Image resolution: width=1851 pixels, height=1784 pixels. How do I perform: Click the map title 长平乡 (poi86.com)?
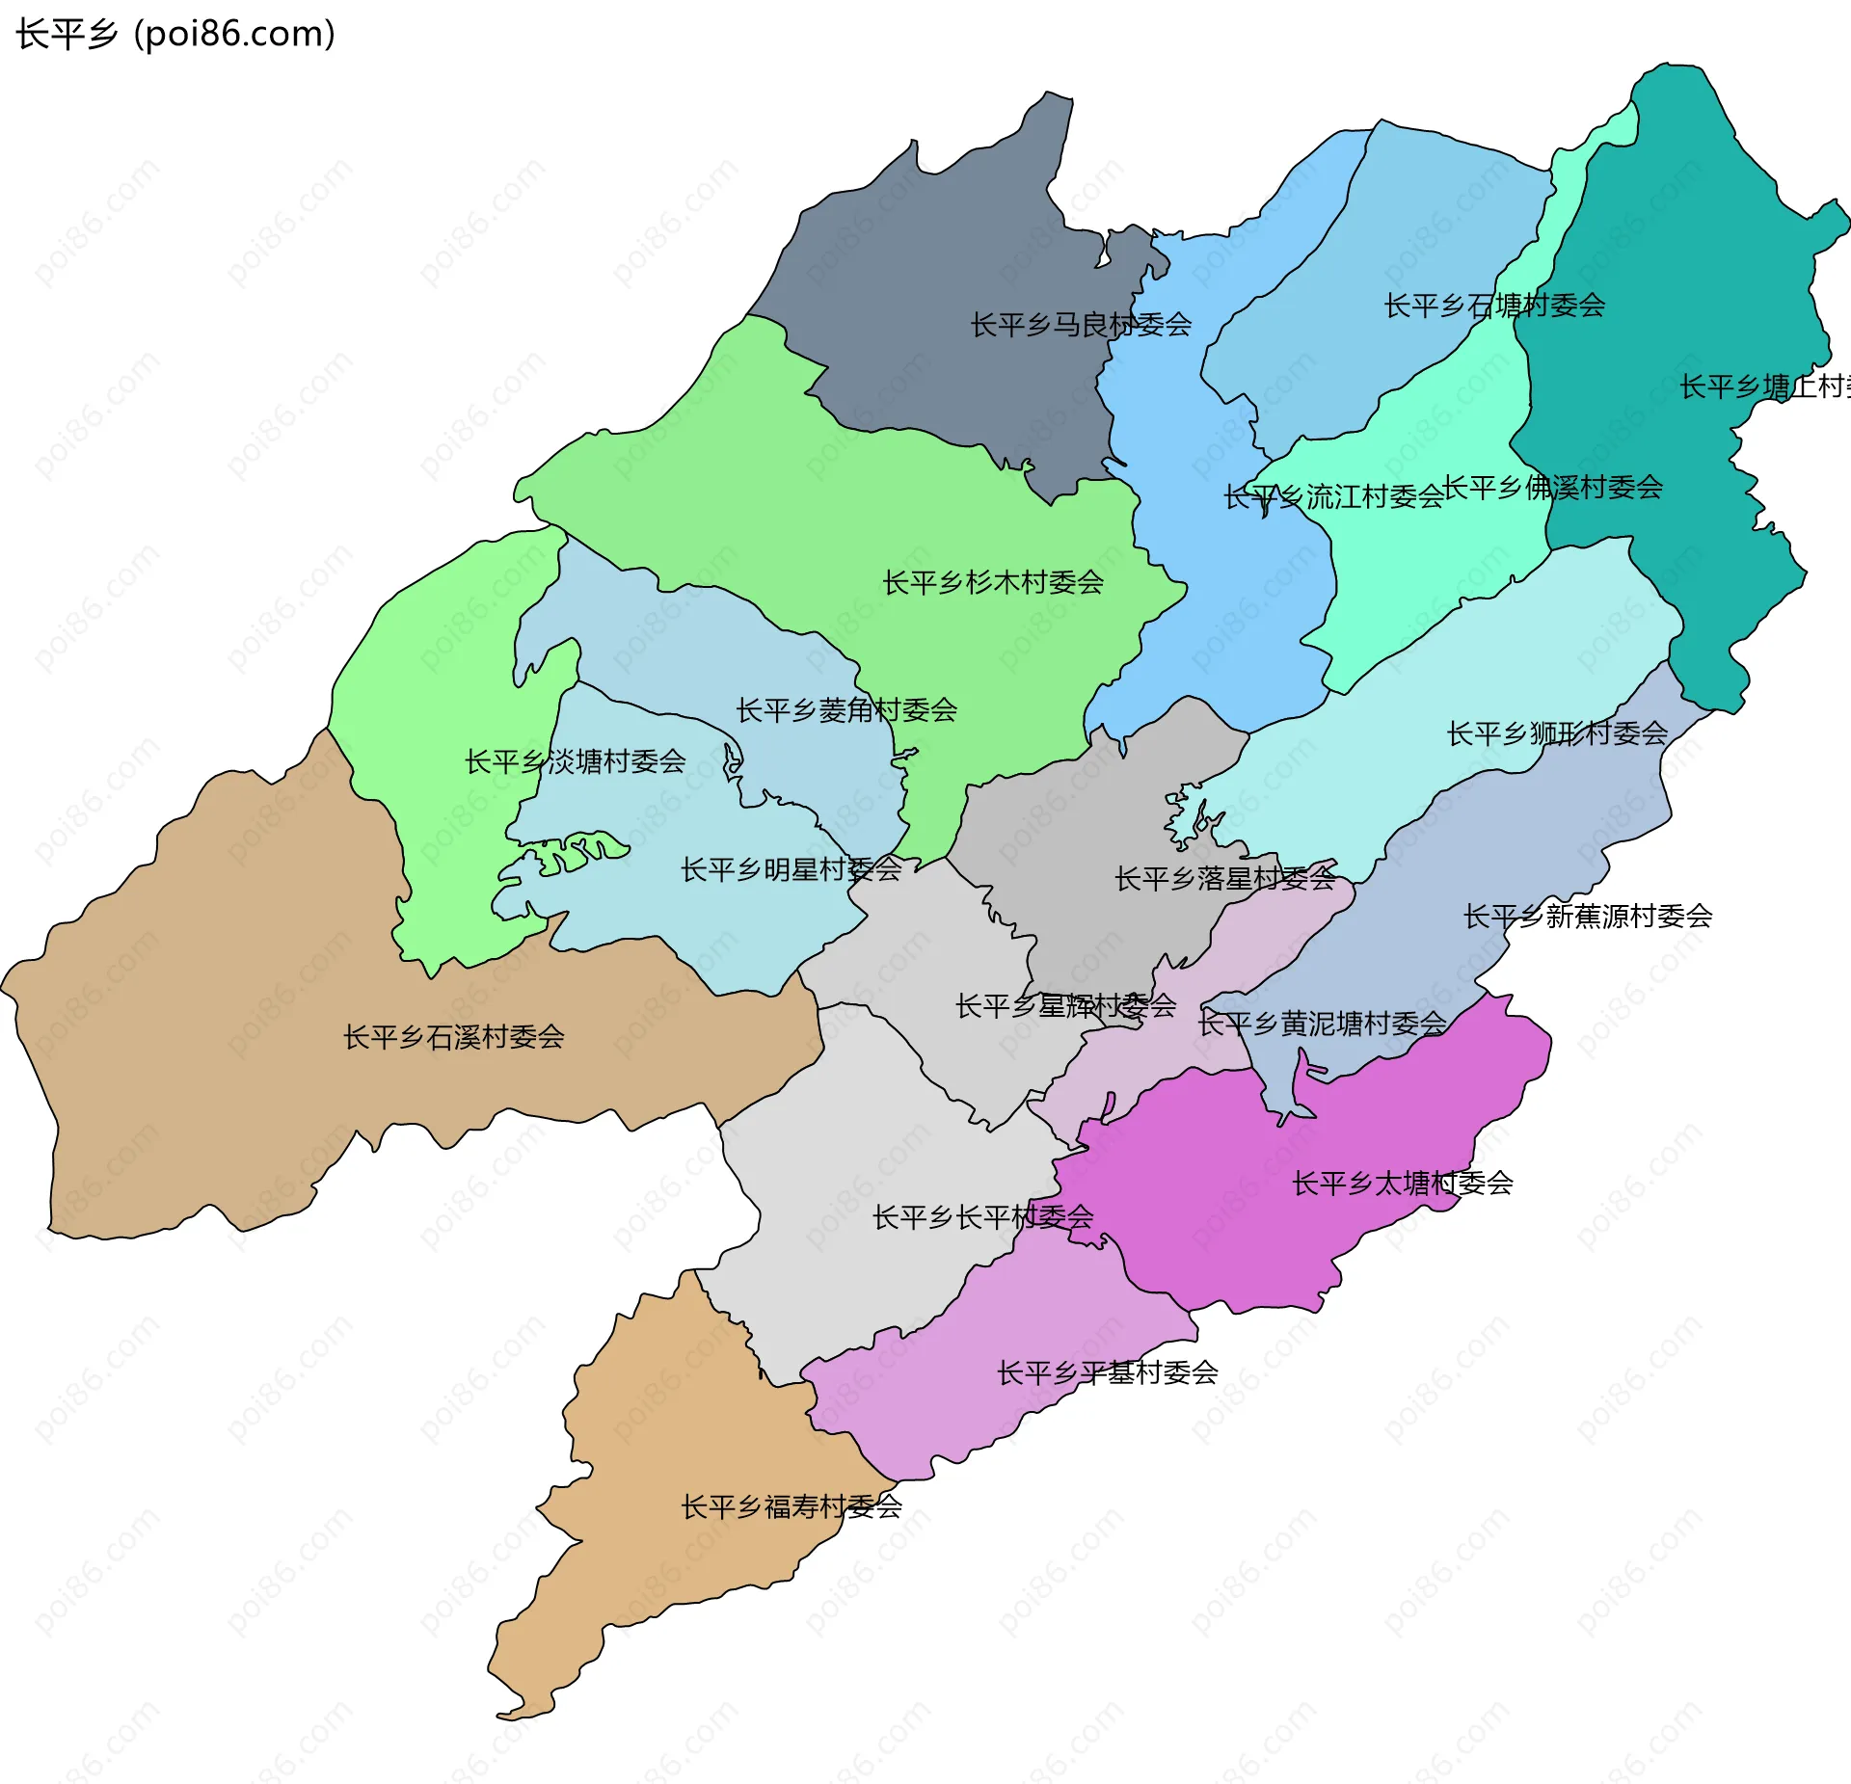coord(175,34)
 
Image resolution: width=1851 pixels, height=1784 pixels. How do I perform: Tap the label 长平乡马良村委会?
coord(1080,325)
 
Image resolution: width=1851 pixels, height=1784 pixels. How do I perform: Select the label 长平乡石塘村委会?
coord(1494,306)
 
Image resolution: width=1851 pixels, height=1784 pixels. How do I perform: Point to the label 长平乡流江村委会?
coord(1333,497)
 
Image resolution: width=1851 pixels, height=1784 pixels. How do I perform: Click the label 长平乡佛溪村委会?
coord(1552,488)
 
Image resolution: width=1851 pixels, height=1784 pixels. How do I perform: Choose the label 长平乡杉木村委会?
coord(993,582)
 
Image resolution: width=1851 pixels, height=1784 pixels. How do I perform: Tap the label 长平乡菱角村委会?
coord(846,710)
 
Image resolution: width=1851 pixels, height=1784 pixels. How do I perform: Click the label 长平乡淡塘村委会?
coord(575,761)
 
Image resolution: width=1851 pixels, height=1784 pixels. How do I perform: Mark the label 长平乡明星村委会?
coord(791,869)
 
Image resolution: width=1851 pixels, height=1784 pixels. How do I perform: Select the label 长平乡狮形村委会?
coord(1557,733)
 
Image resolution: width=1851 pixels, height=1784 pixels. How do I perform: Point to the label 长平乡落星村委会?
coord(1224,878)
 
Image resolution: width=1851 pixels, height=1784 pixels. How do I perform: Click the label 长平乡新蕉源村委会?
coord(1587,916)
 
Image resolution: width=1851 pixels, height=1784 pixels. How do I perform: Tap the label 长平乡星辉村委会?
coord(1065,1006)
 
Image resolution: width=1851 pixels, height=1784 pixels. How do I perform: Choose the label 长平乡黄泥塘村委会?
coord(1322,1024)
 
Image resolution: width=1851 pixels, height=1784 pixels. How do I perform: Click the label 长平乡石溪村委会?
coord(453,1037)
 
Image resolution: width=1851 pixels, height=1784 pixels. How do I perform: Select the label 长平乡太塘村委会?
coord(1402,1183)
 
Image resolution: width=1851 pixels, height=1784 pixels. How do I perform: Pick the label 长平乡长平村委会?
coord(982,1217)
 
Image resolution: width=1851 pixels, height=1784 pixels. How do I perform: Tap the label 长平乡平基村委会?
coord(1107,1372)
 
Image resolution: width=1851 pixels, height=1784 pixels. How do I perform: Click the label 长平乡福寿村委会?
coord(791,1506)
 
